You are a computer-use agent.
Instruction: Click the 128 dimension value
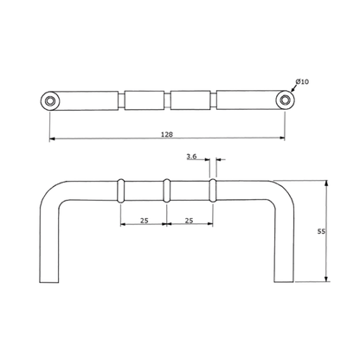pyautogui.click(x=167, y=134)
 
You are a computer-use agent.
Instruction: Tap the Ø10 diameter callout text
pyautogui.click(x=302, y=81)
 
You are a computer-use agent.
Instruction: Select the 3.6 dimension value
pyautogui.click(x=191, y=157)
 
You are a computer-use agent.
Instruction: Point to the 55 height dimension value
pyautogui.click(x=321, y=231)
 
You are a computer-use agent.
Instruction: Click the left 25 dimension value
pyautogui.click(x=145, y=221)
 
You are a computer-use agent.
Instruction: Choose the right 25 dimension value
pyautogui.click(x=189, y=221)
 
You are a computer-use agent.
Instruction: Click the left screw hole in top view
pyautogui.click(x=50, y=100)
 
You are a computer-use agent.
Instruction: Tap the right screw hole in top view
pyautogui.click(x=286, y=100)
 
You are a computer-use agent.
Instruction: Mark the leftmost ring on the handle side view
pyautogui.click(x=121, y=190)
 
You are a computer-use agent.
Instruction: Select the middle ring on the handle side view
pyautogui.click(x=166, y=190)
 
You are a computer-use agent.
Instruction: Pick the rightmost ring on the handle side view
pyautogui.click(x=213, y=190)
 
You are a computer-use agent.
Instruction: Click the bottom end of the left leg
pyautogui.click(x=49, y=282)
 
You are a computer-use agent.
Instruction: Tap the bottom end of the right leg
pyautogui.click(x=284, y=281)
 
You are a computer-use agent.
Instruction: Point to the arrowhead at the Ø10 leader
pyautogui.click(x=292, y=91)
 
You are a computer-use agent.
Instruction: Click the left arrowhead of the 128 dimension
pyautogui.click(x=52, y=139)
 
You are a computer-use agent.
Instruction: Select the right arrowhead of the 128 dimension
pyautogui.click(x=282, y=138)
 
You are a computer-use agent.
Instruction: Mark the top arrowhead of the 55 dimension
pyautogui.click(x=326, y=183)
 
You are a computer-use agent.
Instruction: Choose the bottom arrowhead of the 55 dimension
pyautogui.click(x=326, y=279)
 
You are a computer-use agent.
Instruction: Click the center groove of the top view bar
pyautogui.click(x=167, y=100)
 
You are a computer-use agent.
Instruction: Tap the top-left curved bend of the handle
pyautogui.click(x=49, y=192)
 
